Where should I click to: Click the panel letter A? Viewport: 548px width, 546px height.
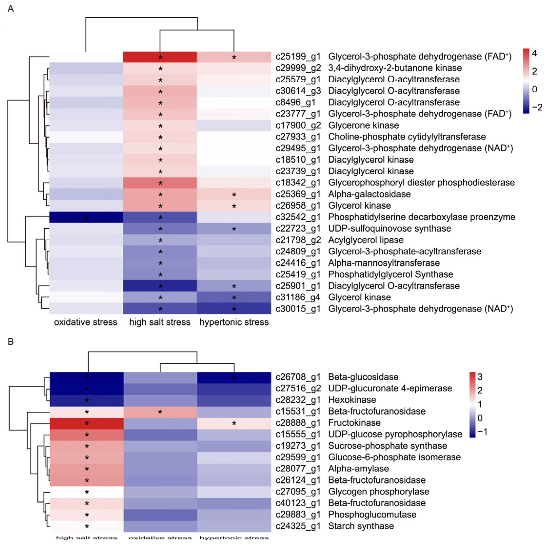10,9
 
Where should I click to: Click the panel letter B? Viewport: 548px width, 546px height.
10,341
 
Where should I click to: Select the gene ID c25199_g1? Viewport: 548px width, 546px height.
298,57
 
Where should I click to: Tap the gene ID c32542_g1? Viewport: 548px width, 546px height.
298,217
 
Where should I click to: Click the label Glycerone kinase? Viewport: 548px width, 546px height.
363,125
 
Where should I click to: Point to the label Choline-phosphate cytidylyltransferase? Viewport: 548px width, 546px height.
407,137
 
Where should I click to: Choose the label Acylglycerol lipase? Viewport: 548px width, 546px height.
366,240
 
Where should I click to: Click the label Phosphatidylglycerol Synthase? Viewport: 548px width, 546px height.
390,274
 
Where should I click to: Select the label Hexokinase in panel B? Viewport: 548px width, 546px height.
352,400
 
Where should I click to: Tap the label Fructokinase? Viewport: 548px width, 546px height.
354,423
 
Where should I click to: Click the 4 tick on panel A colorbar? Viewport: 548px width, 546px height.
534,53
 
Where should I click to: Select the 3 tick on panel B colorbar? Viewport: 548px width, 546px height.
480,377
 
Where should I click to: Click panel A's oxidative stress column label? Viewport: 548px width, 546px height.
85,322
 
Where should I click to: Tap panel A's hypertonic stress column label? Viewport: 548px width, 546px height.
234,322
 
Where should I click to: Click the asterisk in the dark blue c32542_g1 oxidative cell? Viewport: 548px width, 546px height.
86,218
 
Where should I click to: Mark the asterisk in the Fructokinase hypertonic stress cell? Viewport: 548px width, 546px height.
234,424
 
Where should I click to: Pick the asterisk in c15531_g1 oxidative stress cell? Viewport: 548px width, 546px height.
160,412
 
